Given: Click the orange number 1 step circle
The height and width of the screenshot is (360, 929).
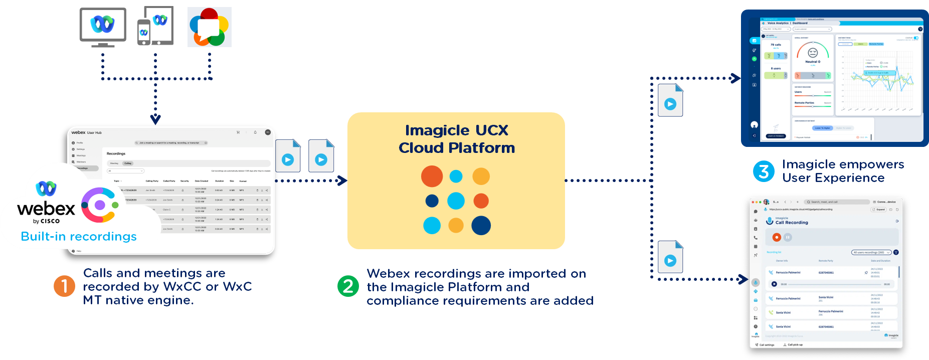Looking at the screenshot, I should coord(64,286).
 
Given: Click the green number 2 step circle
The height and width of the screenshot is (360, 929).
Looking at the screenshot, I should coord(348,286).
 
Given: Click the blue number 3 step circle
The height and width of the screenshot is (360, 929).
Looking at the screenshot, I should coord(764,171).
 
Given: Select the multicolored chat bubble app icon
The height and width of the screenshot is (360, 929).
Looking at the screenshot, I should coord(210,27).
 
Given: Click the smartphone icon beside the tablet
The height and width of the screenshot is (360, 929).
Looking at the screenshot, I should coord(144,33).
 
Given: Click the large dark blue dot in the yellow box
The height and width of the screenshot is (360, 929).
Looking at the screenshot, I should coord(481,226).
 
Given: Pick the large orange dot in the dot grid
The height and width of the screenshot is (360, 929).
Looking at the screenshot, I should coord(432,176).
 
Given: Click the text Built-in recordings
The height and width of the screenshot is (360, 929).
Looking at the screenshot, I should coord(79,237).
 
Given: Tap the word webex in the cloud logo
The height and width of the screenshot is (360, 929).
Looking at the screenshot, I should coord(46,209).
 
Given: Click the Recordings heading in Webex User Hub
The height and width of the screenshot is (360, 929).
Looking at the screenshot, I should coord(116,153).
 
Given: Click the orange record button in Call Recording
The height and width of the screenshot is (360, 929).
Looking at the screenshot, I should coord(777,237).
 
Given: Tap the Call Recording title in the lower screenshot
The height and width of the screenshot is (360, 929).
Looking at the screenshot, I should coord(792,223).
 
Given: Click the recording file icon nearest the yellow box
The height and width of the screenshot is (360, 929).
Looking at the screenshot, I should coord(321,156).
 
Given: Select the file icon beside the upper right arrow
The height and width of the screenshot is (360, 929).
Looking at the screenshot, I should coord(670,101).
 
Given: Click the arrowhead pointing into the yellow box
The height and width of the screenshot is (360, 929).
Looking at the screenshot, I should coord(343,181).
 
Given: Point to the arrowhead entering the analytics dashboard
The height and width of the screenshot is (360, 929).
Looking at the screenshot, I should coord(735,78).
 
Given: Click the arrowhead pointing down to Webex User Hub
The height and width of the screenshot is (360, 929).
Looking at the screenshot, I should coord(155,120).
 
